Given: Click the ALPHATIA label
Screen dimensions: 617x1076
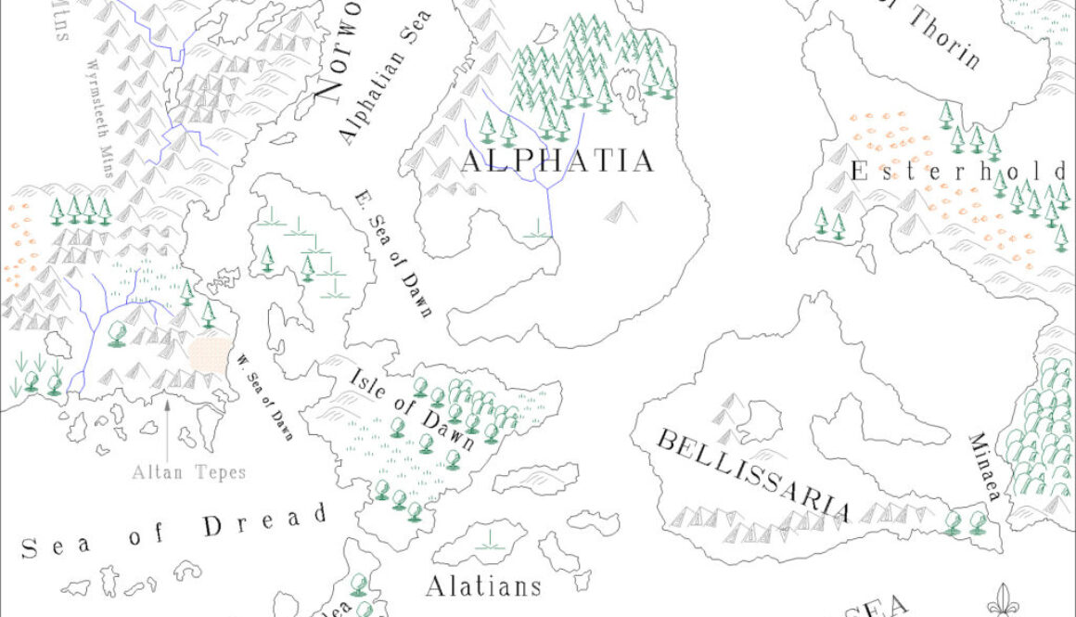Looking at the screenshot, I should [557, 161].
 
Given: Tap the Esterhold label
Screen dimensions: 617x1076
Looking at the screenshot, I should [959, 172].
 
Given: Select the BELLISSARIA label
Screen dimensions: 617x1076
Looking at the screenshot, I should [752, 476].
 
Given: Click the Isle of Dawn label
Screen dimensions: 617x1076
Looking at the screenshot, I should [413, 408].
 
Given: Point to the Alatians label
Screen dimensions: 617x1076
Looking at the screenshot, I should [482, 586].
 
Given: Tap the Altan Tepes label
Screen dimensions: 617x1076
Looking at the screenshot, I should [188, 472].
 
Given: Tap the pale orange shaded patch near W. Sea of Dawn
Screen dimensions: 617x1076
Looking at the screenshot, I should [211, 354].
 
